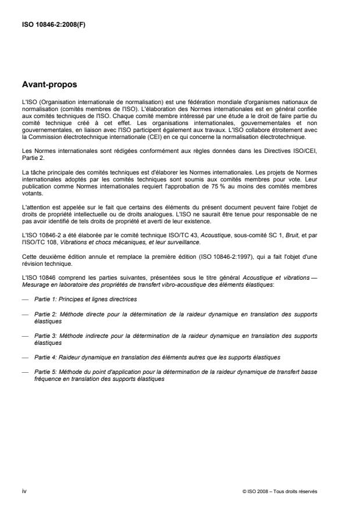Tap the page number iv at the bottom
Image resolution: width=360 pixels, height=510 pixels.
pyautogui.click(x=24, y=491)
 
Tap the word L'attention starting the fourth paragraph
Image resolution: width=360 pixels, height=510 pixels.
pyautogui.click(x=34, y=208)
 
